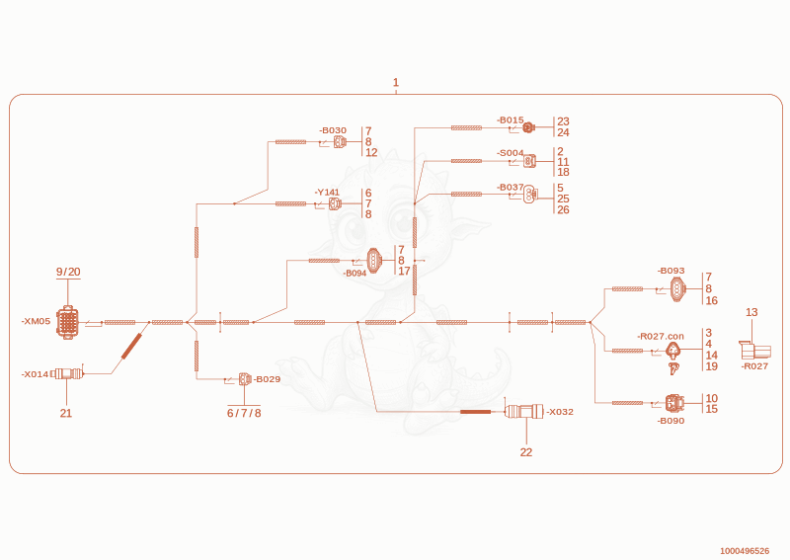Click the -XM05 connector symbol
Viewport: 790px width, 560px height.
[67, 322]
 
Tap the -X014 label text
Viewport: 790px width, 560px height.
[35, 374]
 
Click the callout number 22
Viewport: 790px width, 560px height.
[526, 452]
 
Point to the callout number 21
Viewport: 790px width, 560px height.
[66, 413]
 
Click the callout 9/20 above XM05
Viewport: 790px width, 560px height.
[68, 272]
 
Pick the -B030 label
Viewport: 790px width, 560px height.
[333, 130]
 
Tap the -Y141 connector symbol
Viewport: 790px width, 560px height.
[335, 204]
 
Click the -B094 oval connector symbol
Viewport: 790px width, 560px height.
[373, 261]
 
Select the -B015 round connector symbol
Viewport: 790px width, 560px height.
[528, 128]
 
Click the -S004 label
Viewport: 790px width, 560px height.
[511, 153]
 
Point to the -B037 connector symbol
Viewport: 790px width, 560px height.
[530, 194]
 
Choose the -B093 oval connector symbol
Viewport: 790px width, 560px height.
[678, 289]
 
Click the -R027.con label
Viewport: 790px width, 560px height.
[661, 336]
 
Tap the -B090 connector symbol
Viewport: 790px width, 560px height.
[674, 404]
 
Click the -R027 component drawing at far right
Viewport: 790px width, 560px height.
[754, 351]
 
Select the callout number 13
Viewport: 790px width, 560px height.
[751, 312]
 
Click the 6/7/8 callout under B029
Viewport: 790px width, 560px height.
[244, 413]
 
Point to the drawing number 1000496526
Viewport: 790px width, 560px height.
[745, 551]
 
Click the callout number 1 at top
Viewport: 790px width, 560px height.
[396, 82]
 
